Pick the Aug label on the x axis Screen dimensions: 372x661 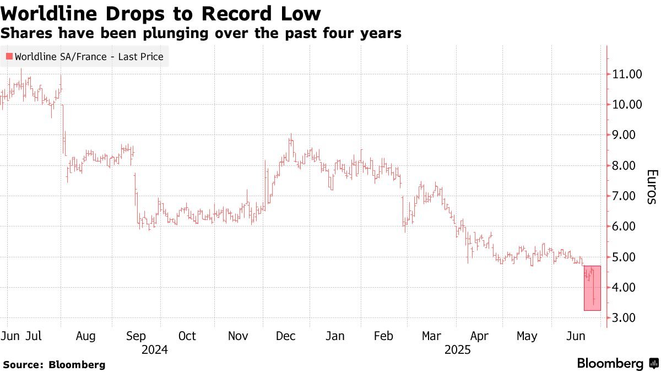pyautogui.click(x=85, y=336)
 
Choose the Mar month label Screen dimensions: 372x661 pyautogui.click(x=431, y=336)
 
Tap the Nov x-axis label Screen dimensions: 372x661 pyautogui.click(x=238, y=336)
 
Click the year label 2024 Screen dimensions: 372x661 pyautogui.click(x=154, y=349)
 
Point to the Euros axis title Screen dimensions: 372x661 pyautogui.click(x=651, y=186)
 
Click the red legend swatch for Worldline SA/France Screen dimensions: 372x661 pyautogui.click(x=9, y=56)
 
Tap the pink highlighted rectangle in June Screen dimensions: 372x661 pyautogui.click(x=592, y=288)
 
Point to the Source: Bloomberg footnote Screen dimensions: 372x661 pyautogui.click(x=54, y=364)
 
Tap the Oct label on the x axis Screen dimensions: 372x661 pyautogui.click(x=187, y=336)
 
